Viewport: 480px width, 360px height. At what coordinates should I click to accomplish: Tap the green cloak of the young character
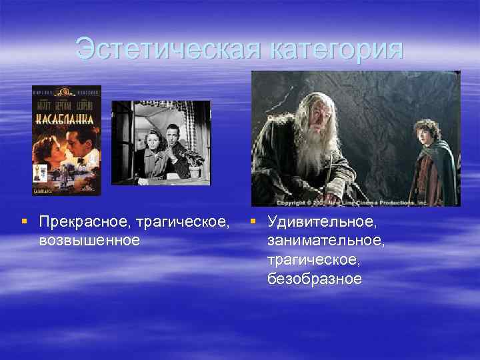433,173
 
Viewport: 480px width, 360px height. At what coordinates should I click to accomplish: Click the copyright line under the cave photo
356,201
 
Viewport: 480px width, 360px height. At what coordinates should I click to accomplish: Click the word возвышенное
89,239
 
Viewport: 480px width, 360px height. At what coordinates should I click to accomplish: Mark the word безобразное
315,278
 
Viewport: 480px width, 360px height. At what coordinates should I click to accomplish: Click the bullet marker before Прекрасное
25,221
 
